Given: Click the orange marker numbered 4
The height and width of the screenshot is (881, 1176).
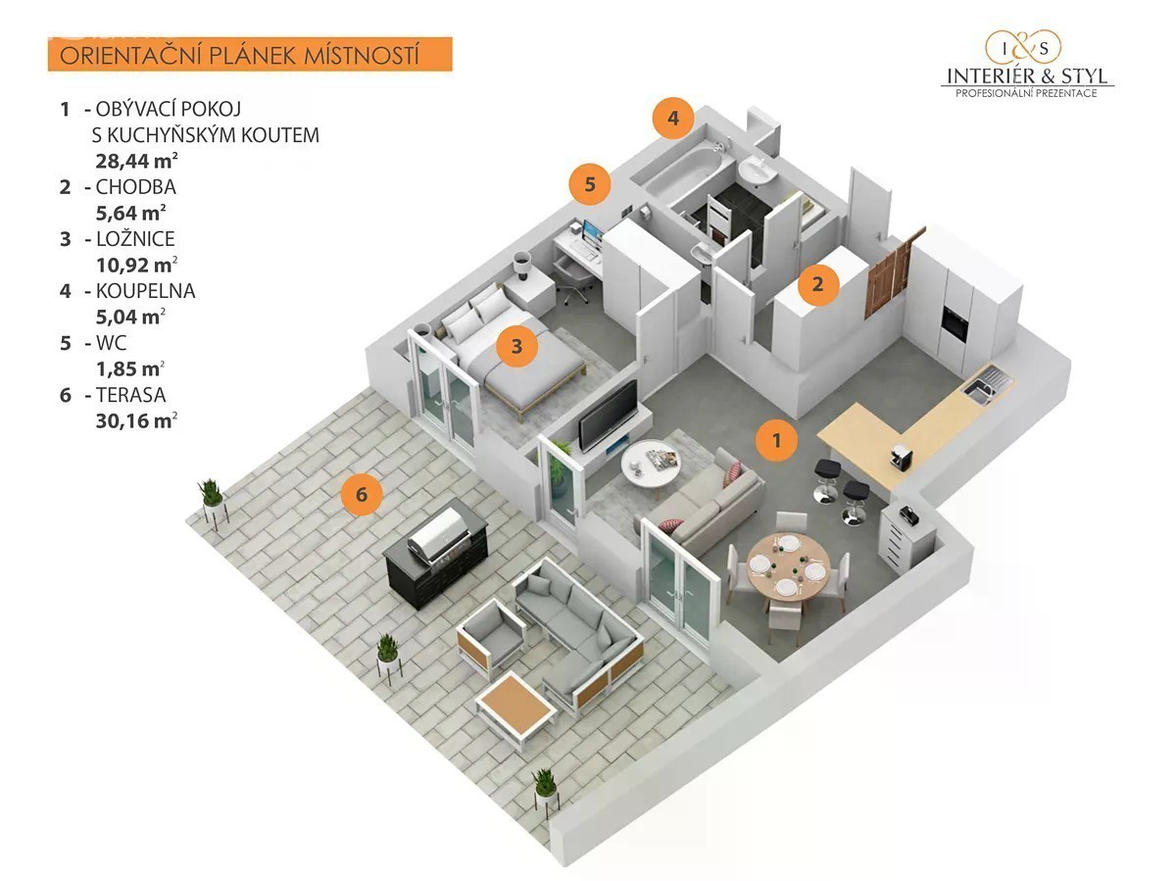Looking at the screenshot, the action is [673, 118].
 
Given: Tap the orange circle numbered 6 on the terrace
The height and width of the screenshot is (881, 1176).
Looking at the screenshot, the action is [362, 494].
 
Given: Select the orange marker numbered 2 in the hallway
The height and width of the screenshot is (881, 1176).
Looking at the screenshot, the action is [817, 284].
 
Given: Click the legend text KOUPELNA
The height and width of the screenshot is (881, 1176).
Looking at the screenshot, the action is [146, 291].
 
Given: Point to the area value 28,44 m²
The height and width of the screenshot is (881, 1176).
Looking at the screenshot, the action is [136, 161].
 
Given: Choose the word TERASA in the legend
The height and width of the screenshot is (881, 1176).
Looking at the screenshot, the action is [131, 395].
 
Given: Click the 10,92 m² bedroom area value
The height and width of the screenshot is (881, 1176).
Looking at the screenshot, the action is [136, 265].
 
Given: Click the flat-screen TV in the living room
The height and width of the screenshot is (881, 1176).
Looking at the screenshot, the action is [608, 416].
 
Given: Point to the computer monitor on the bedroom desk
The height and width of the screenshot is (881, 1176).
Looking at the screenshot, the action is [593, 233].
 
